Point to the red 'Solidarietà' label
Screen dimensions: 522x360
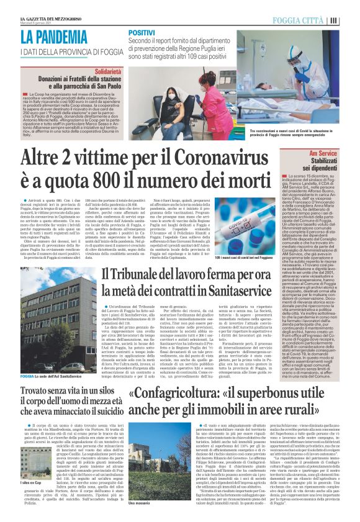click(x=107, y=63)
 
